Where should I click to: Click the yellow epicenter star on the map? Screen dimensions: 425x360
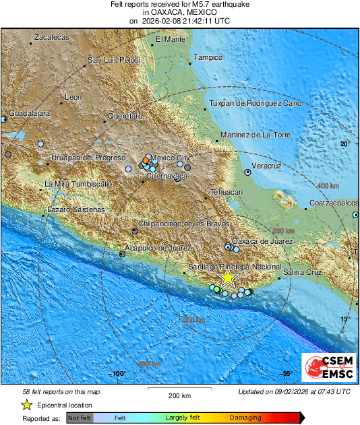pyautogui.click(x=228, y=277)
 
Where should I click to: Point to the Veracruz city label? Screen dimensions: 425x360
pyautogui.click(x=266, y=165)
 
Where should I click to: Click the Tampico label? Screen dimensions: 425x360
pyautogui.click(x=208, y=58)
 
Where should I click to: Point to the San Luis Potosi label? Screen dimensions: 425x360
pyautogui.click(x=114, y=61)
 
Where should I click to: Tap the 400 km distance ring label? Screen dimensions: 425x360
pyautogui.click(x=328, y=186)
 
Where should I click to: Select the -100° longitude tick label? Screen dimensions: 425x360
pyautogui.click(x=118, y=374)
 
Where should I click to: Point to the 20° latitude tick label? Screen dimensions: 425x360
pyautogui.click(x=345, y=144)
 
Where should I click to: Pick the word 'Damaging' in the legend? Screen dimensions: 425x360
pyautogui.click(x=245, y=418)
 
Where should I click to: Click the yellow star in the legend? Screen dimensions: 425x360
pyautogui.click(x=27, y=405)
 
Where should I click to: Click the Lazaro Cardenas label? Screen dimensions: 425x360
pyautogui.click(x=76, y=210)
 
